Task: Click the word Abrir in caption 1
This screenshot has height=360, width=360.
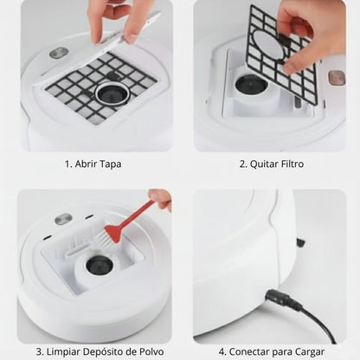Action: click(x=84, y=164)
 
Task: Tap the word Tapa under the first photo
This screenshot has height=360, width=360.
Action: click(x=109, y=164)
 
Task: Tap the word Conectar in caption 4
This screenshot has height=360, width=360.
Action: click(x=249, y=352)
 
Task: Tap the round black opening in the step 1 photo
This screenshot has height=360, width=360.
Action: click(x=112, y=91)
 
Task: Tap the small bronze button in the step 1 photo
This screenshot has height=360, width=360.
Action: click(x=59, y=53)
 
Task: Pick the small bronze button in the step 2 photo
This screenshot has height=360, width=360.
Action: click(x=335, y=77)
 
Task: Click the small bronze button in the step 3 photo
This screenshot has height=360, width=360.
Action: click(x=63, y=219)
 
